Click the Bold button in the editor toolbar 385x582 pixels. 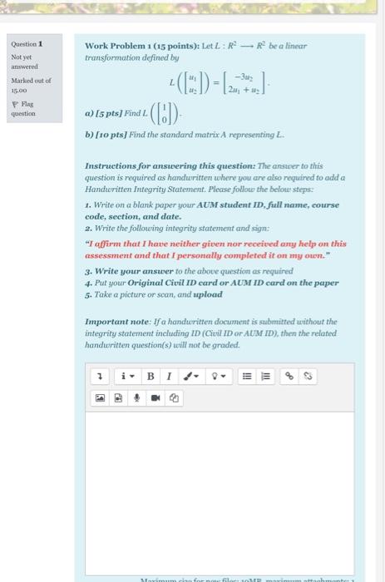[x=151, y=377]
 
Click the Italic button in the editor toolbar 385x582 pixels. [x=169, y=377]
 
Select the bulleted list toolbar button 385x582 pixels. [x=247, y=377]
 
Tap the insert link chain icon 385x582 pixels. [x=289, y=377]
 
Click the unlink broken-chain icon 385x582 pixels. [x=307, y=377]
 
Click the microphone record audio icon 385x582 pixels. [x=136, y=397]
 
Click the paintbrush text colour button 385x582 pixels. [x=192, y=377]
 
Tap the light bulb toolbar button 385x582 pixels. [x=219, y=377]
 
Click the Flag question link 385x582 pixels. [x=22, y=109]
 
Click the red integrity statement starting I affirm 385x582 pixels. [x=215, y=249]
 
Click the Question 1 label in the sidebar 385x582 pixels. [x=27, y=44]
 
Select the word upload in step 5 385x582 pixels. [x=208, y=294]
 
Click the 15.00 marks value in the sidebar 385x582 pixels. [x=19, y=89]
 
